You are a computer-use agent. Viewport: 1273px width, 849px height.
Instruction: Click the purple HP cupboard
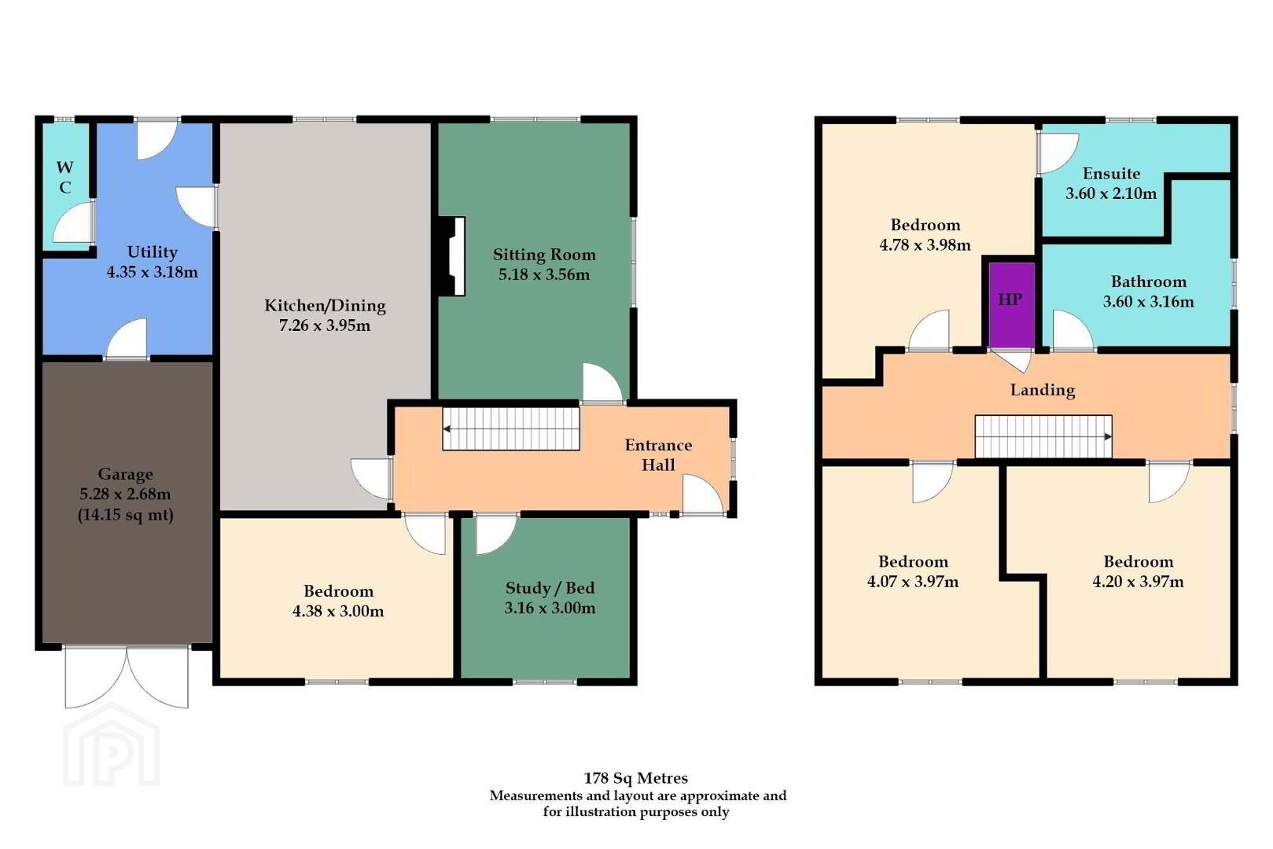(x=1011, y=304)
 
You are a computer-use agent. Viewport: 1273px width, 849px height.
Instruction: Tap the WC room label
(x=64, y=178)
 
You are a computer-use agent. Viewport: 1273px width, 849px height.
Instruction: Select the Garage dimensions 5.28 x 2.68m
(x=125, y=494)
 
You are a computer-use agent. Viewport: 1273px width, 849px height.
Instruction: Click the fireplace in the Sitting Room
(x=451, y=256)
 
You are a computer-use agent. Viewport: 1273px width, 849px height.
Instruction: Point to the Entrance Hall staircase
(x=511, y=429)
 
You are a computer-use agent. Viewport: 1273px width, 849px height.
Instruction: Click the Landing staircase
(x=1043, y=436)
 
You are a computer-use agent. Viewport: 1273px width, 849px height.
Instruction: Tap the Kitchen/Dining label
(x=325, y=306)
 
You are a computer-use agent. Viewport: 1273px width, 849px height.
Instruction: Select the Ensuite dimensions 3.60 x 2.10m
(x=1111, y=193)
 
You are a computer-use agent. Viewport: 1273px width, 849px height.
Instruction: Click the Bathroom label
(x=1149, y=281)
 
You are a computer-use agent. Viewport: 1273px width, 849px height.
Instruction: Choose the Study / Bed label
(x=550, y=587)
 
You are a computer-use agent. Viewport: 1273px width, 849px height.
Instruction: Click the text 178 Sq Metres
(x=636, y=777)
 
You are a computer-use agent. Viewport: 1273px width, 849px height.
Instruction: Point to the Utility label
(x=153, y=252)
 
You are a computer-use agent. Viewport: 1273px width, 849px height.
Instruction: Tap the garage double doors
(x=127, y=676)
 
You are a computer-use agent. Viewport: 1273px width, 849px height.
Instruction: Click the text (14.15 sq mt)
(x=125, y=515)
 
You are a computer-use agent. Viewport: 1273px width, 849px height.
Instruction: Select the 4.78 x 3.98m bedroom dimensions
(x=925, y=245)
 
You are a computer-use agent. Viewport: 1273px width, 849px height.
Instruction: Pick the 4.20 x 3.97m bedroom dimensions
(x=1139, y=582)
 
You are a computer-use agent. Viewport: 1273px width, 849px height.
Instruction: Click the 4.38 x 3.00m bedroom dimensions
(x=338, y=611)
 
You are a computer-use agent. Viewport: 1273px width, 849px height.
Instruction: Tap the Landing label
(x=1043, y=390)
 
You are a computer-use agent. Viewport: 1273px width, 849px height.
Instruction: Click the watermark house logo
(x=112, y=744)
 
